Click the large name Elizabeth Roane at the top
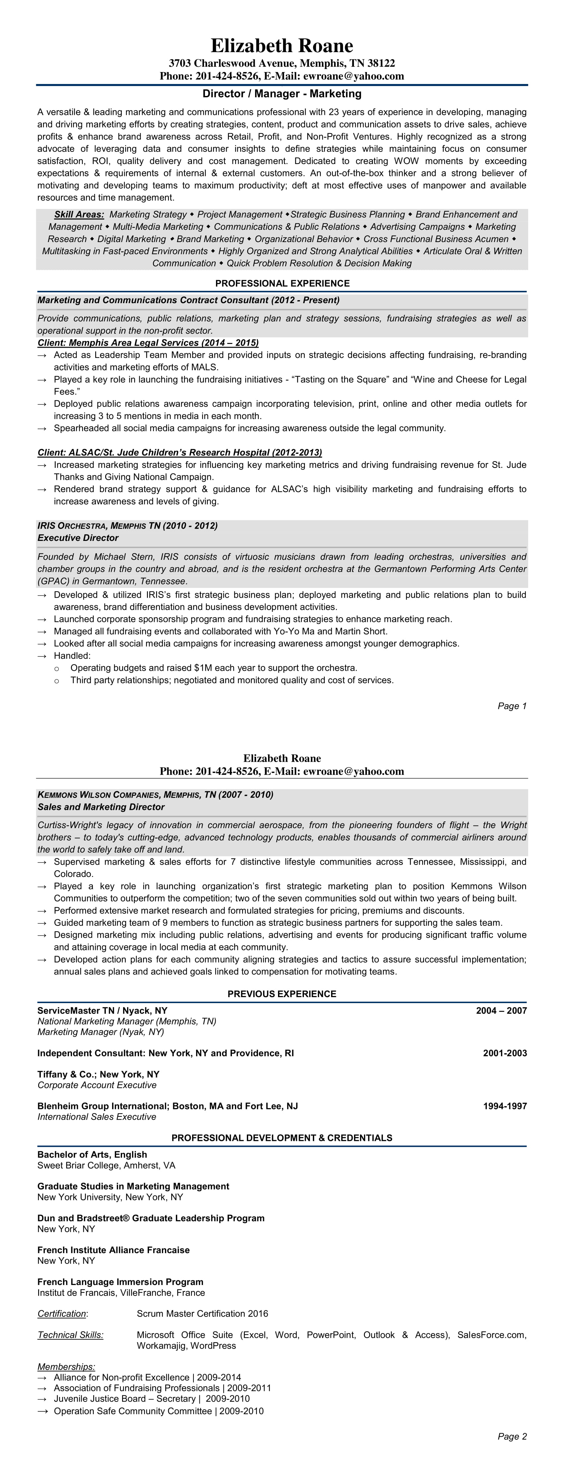tap(282, 45)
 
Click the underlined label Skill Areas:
tap(79, 215)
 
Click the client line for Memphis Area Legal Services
tap(148, 343)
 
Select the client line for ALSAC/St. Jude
tap(180, 452)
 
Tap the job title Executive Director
tap(78, 538)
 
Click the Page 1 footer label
tap(512, 706)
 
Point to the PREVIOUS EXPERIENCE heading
tap(282, 994)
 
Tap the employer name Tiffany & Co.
tap(66, 1074)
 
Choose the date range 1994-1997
tap(505, 1106)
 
